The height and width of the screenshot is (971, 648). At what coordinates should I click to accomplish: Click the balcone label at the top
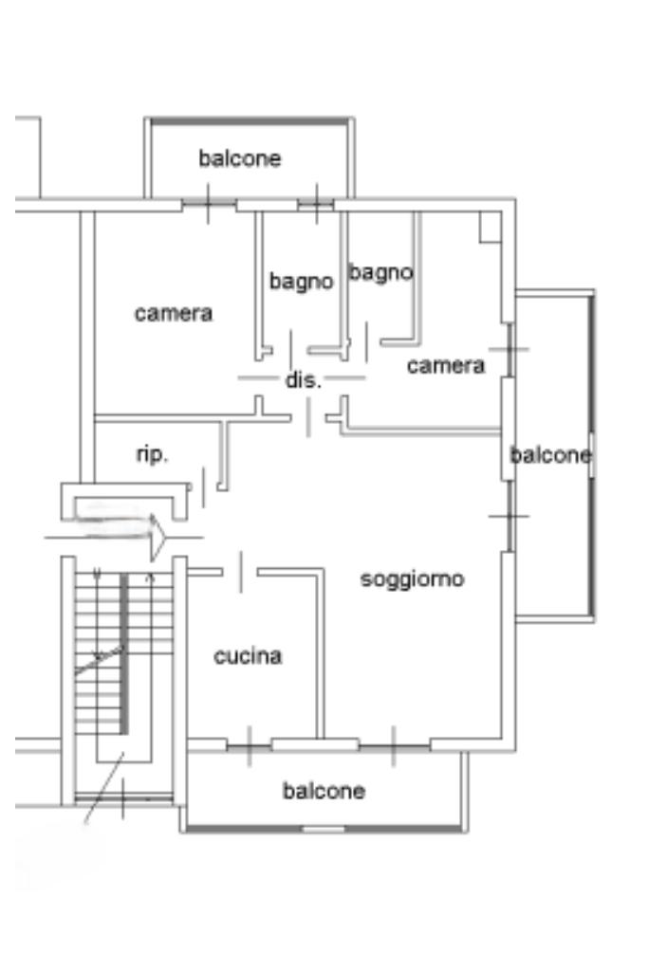(x=240, y=158)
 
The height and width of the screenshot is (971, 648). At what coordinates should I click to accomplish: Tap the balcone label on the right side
(x=550, y=456)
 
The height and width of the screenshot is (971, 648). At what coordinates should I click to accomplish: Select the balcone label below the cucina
(x=324, y=791)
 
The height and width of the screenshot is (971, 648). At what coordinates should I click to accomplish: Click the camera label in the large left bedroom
(x=174, y=313)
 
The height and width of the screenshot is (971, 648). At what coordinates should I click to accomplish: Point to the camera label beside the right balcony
(x=446, y=365)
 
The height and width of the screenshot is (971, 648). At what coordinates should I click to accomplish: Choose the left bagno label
(x=301, y=282)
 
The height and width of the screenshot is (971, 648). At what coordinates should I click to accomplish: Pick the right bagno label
(x=380, y=273)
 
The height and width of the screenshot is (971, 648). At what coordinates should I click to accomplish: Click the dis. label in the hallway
(x=304, y=381)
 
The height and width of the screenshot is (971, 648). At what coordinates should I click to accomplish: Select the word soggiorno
(x=413, y=578)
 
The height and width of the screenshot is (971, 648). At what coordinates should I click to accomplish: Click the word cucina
(x=248, y=656)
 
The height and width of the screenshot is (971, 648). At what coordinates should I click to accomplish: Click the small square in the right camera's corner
(x=490, y=226)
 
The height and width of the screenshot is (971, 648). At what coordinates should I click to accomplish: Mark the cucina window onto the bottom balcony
(x=249, y=746)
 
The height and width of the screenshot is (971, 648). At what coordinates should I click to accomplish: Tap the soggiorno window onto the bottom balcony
(x=393, y=746)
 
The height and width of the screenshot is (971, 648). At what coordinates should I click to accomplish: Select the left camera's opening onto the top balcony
(x=209, y=204)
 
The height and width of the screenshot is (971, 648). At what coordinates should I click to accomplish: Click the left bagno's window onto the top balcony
(x=315, y=204)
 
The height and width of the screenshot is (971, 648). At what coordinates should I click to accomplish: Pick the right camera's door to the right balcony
(x=509, y=349)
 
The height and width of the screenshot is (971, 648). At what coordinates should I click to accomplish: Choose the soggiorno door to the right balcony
(x=509, y=517)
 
